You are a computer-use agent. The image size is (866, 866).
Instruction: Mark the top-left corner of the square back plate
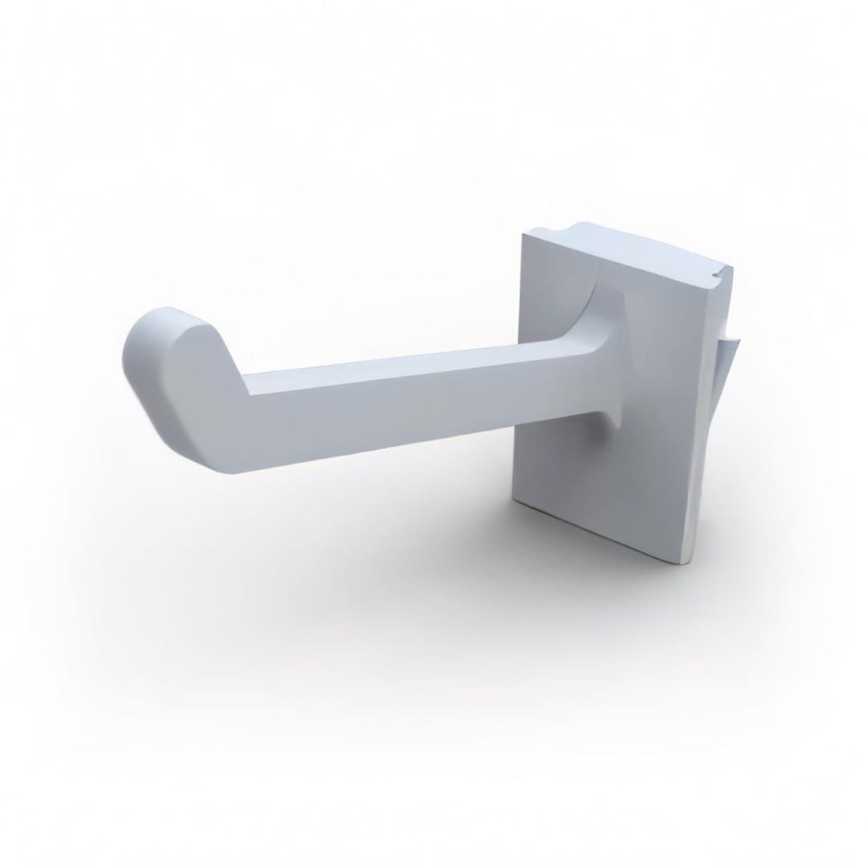click(x=524, y=233)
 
